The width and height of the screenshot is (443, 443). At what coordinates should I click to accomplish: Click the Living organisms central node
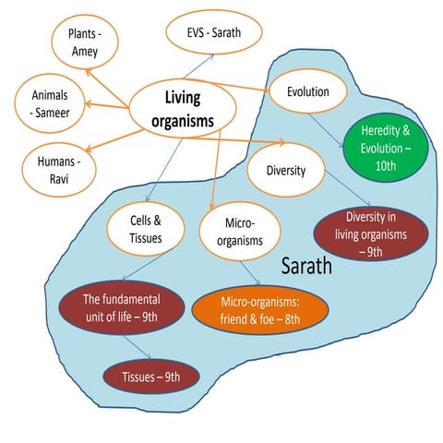pos(183,108)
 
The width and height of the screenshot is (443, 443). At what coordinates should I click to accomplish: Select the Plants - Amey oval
pos(85,42)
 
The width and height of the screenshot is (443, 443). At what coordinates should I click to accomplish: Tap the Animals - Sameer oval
pos(50,103)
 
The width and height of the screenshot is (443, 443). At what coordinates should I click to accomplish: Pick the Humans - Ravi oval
pos(59,170)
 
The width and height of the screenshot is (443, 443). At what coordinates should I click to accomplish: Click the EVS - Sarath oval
pos(214,32)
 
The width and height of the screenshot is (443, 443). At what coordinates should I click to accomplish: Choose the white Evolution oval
pos(308,91)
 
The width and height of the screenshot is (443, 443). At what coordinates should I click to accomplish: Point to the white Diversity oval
pos(286,170)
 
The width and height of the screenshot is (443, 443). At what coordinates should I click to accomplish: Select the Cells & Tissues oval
pos(146,229)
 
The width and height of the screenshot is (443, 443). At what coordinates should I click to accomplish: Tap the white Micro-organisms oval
pos(240,232)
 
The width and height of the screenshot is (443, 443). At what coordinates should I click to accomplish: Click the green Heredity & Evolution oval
pos(386,148)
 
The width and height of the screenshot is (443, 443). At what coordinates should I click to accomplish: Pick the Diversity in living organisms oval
pos(371,234)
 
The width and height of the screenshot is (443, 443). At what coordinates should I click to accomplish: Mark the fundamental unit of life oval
pos(122,308)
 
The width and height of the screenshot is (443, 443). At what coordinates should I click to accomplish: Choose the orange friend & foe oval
pos(260,310)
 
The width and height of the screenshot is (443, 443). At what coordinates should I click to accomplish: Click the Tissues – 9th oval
pos(151,377)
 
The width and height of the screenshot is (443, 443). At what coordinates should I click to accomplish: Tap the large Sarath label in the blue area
pos(306,266)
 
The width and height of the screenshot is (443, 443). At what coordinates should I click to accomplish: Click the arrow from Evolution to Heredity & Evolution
pos(326,131)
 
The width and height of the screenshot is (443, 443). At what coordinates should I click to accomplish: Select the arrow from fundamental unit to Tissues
pos(138,347)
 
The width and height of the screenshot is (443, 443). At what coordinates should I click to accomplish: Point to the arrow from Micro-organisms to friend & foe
pos(250,273)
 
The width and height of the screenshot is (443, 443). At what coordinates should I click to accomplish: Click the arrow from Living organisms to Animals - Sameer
pos(107,106)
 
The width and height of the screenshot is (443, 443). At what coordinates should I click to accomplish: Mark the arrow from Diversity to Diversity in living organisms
pos(348,188)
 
